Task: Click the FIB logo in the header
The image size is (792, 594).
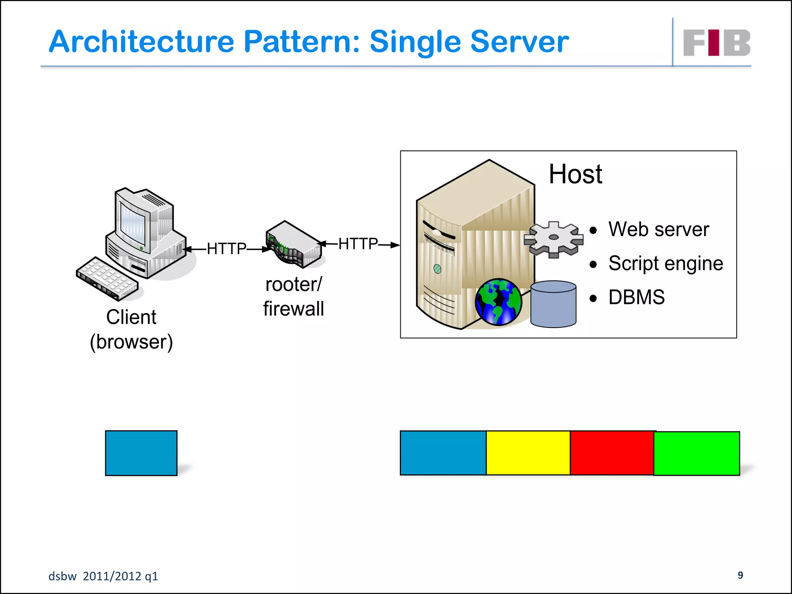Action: (x=716, y=43)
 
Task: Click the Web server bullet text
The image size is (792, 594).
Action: (x=658, y=229)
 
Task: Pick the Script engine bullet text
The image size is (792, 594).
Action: (x=665, y=264)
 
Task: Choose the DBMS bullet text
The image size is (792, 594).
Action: (x=636, y=297)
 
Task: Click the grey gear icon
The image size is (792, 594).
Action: (x=553, y=239)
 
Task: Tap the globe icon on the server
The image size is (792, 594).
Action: (x=498, y=302)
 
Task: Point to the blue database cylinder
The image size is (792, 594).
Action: (x=553, y=304)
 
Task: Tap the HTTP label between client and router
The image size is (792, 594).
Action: (x=226, y=249)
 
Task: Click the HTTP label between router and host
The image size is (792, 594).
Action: (x=358, y=244)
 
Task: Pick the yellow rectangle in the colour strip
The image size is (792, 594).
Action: (x=528, y=453)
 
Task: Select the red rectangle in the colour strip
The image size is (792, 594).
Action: (x=611, y=453)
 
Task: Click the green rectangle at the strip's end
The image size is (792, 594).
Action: (x=696, y=453)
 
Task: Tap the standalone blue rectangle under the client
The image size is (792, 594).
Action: (x=141, y=453)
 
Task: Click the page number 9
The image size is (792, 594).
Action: (x=740, y=575)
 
